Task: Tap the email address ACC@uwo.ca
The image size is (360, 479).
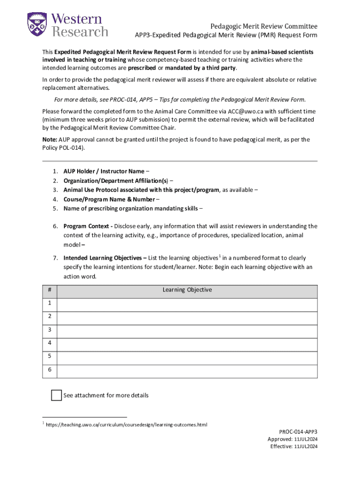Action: [244, 111]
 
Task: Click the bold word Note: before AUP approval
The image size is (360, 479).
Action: [50, 139]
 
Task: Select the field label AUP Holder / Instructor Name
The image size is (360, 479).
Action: [104, 171]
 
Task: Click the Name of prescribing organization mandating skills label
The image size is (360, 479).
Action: [130, 208]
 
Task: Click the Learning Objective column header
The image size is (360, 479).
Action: [187, 290]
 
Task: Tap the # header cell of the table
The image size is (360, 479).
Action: [49, 290]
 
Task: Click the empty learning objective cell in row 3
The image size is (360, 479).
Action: [187, 330]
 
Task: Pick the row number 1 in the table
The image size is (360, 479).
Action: [49, 304]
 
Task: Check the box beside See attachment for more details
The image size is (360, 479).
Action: [56, 395]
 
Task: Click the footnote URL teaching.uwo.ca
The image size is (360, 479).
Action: [126, 425]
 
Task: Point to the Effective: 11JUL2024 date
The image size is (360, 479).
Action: [294, 447]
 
